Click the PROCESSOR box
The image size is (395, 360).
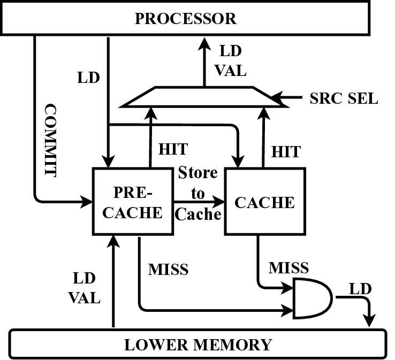tap(185, 18)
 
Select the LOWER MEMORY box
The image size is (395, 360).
tap(198, 344)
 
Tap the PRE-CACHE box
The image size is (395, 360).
tap(133, 201)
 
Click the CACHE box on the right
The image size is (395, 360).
tap(264, 201)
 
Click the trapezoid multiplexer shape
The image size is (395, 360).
tap(203, 97)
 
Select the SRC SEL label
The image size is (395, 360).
tap(344, 98)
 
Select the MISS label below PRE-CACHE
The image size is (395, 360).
tap(168, 269)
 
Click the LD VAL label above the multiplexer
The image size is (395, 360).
tap(231, 61)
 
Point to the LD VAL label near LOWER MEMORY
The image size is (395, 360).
tap(84, 287)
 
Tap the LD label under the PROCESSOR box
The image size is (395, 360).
tap(88, 77)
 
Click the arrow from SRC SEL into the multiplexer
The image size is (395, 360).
tap(286, 98)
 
